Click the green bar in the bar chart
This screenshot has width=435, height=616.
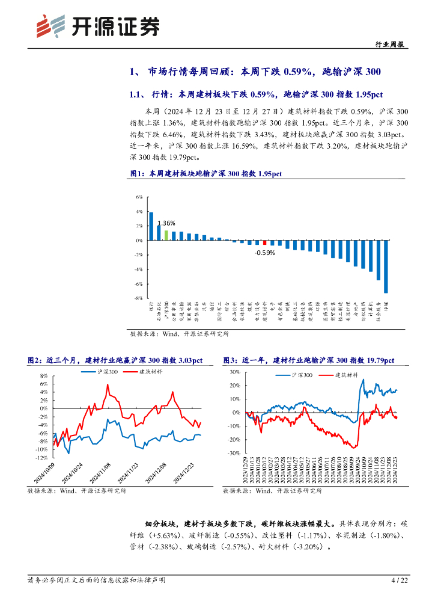(166, 235)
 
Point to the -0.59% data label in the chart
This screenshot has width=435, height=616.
(265, 253)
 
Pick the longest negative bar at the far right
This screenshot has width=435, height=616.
(386, 266)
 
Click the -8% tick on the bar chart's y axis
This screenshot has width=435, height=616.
(138, 298)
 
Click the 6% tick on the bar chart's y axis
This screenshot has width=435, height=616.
(138, 197)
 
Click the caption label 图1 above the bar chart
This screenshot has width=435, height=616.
(138, 174)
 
